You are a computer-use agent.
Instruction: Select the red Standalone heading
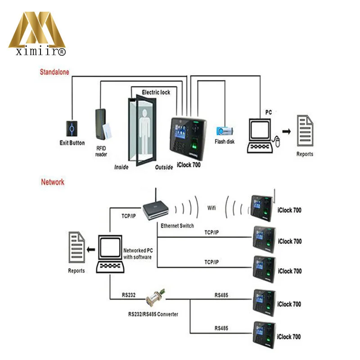tap(54, 72)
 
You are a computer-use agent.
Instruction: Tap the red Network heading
tap(53, 182)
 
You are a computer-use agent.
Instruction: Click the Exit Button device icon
tap(72, 129)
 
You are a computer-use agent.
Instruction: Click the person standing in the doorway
tap(144, 131)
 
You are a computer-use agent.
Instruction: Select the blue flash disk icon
tap(225, 131)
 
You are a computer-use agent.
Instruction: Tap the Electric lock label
tap(156, 92)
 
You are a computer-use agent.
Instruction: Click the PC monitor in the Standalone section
tap(260, 130)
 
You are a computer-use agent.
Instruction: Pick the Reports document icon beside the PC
tap(305, 130)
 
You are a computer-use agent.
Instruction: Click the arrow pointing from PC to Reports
tap(287, 131)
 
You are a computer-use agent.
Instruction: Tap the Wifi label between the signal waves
tap(211, 208)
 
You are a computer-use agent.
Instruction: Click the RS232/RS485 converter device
tap(155, 297)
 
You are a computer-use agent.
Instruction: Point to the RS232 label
tap(129, 295)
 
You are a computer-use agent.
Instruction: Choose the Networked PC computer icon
tap(110, 254)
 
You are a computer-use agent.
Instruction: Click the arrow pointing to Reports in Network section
tap(91, 249)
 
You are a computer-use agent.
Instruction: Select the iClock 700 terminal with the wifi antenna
tap(262, 208)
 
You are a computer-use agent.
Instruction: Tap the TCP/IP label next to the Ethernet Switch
tap(129, 216)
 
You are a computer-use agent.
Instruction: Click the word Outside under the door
tap(164, 167)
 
